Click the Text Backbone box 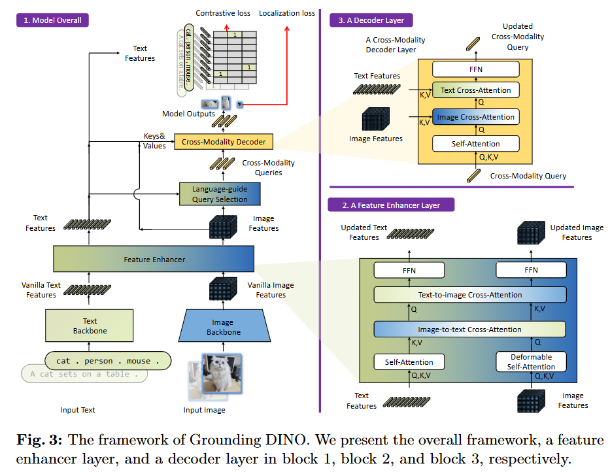[x=90, y=326]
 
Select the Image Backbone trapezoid [x=222, y=327]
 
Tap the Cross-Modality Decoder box [x=224, y=141]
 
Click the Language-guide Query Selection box [x=219, y=194]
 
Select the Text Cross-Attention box [x=475, y=90]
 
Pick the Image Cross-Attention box [x=475, y=117]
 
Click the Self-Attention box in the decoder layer [x=475, y=144]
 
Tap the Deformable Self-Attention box [x=530, y=362]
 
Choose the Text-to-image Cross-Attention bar [x=469, y=295]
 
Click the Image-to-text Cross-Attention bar [x=469, y=329]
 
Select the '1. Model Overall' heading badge [x=52, y=20]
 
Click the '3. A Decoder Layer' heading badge [x=371, y=20]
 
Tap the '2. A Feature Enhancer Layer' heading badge [x=392, y=205]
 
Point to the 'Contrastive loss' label [x=224, y=13]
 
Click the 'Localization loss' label [x=287, y=13]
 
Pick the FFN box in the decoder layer [x=475, y=69]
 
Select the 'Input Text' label [x=78, y=410]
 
